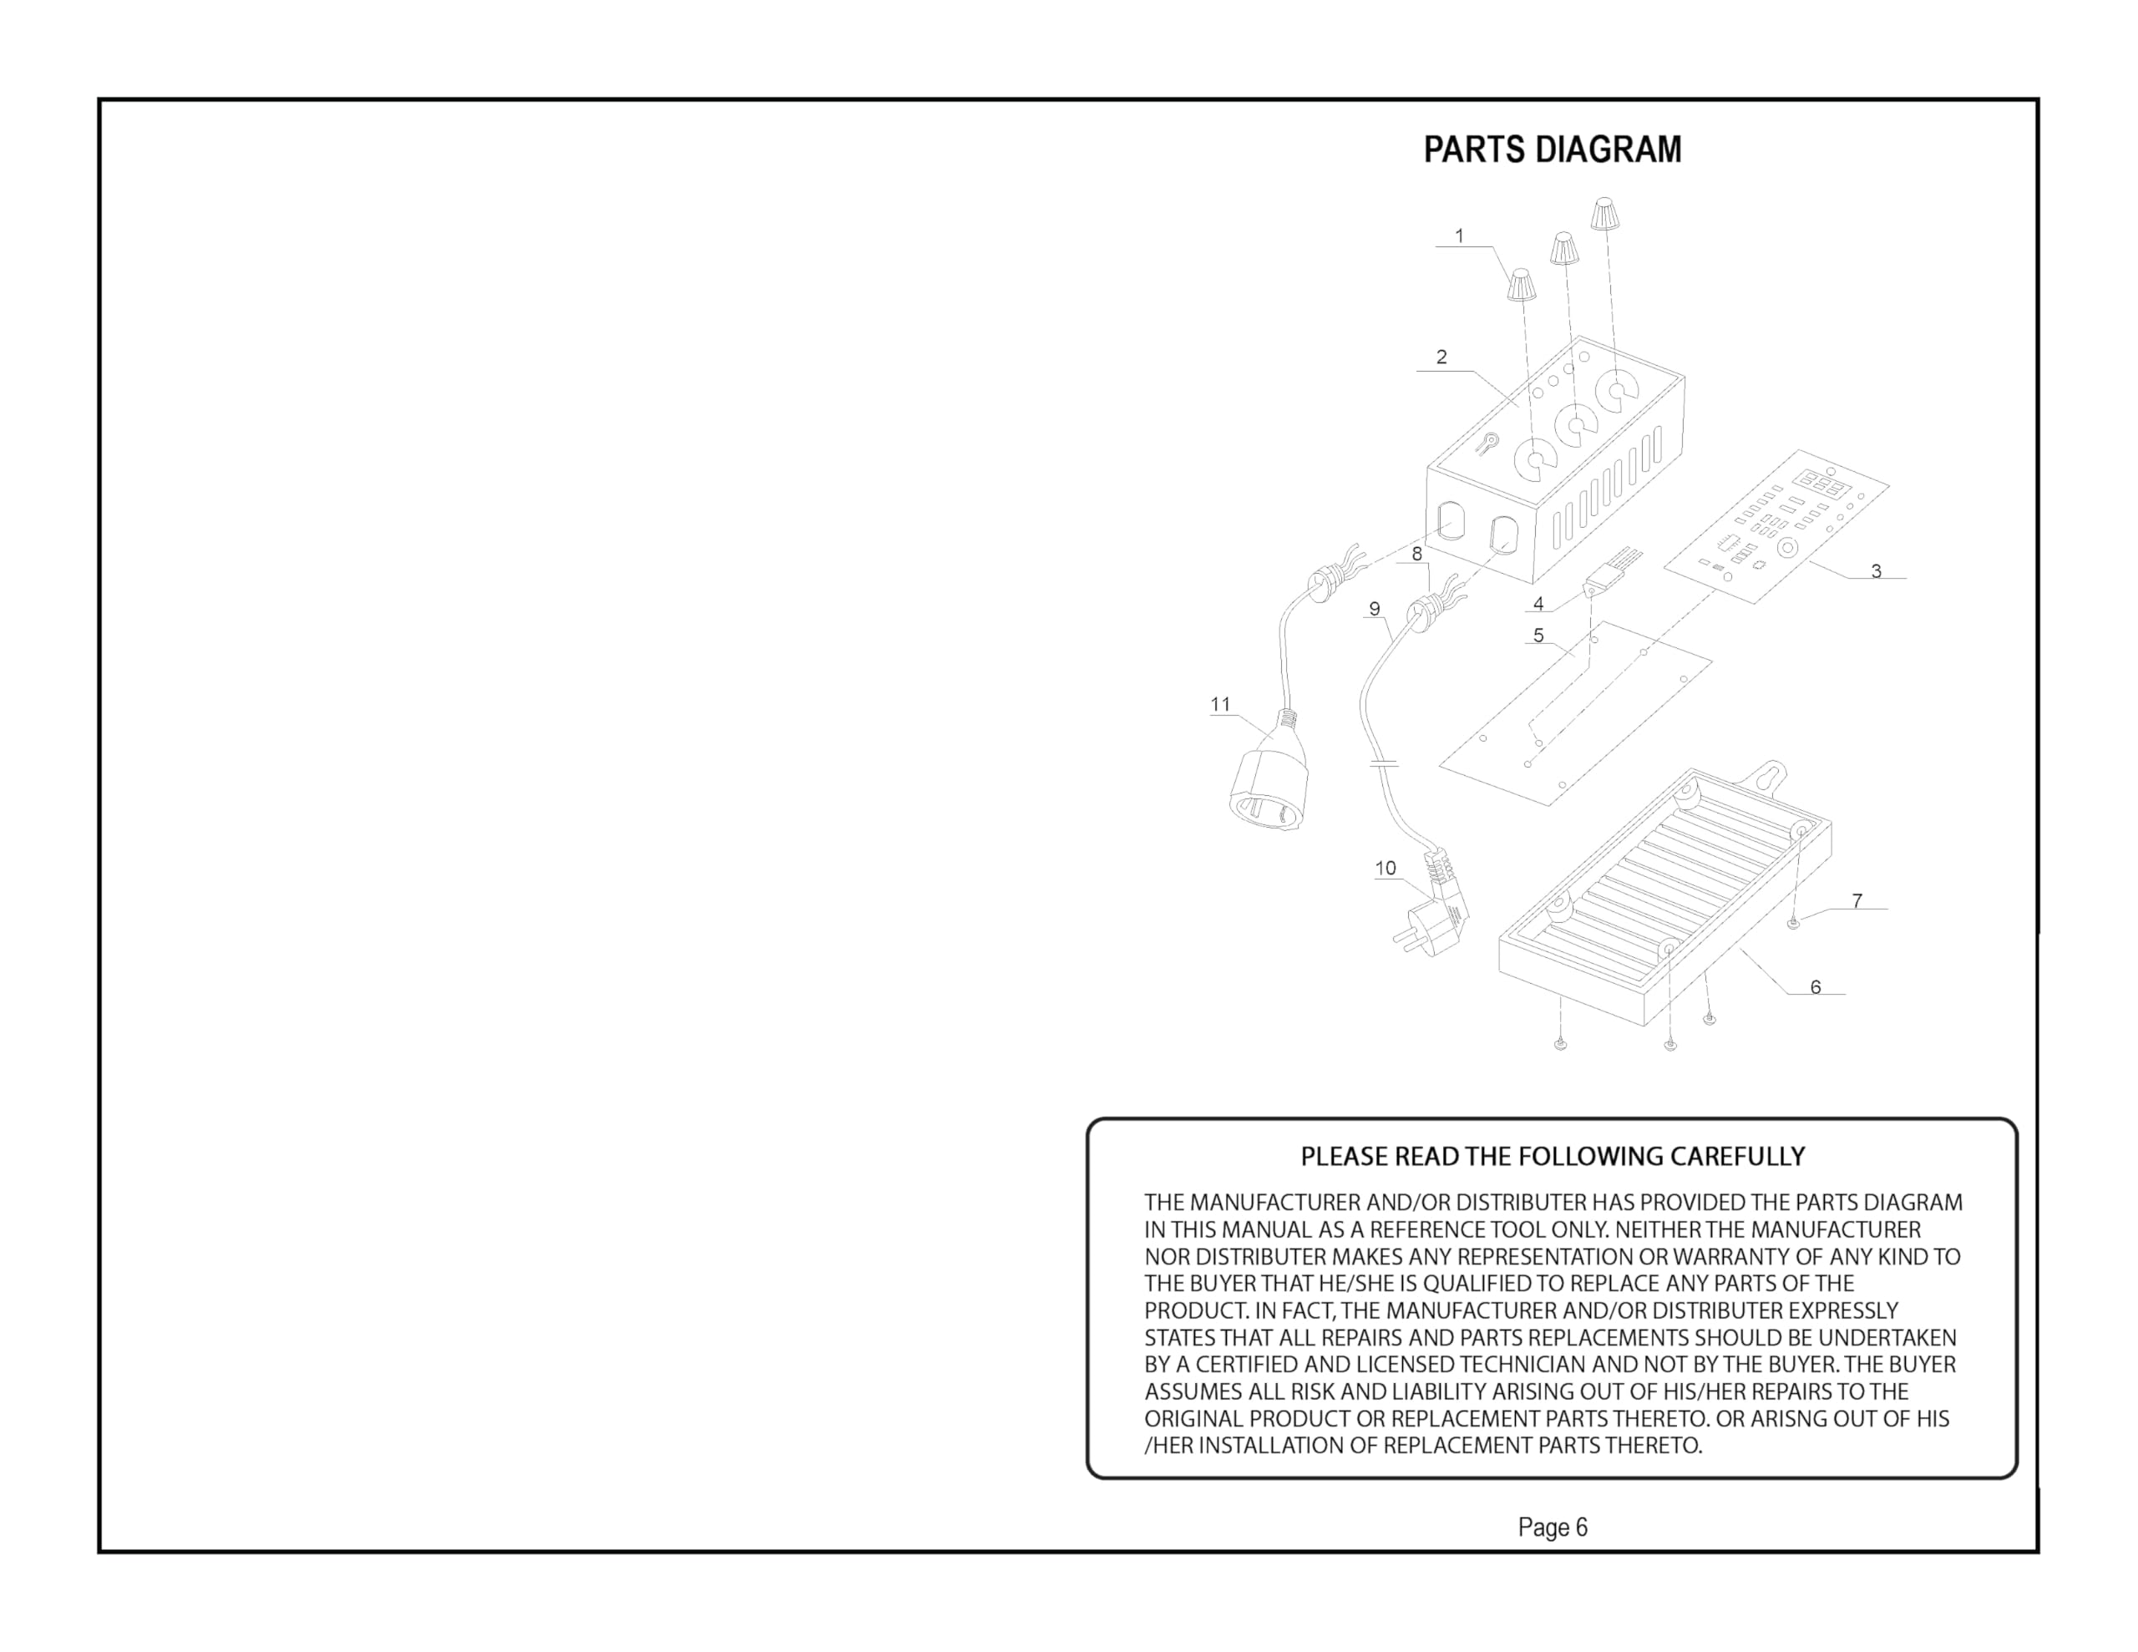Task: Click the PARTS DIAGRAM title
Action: point(1553,149)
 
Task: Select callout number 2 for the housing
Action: point(1441,357)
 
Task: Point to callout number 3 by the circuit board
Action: point(1876,571)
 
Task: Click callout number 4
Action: point(1538,604)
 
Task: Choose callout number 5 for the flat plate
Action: point(1538,636)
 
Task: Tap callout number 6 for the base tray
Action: point(1815,987)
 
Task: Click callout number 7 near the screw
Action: point(1857,901)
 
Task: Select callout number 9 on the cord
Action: point(1375,609)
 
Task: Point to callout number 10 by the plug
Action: point(1386,868)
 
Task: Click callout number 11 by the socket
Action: point(1220,704)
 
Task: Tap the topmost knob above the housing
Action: point(1603,215)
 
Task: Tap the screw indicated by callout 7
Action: point(1792,922)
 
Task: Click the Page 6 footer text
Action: point(1553,1527)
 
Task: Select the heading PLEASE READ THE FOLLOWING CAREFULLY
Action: point(1553,1157)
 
